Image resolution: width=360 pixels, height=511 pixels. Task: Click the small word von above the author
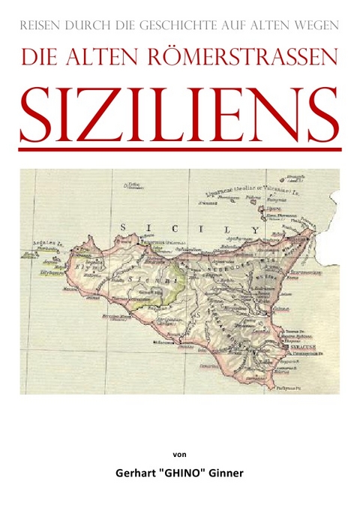180,454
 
